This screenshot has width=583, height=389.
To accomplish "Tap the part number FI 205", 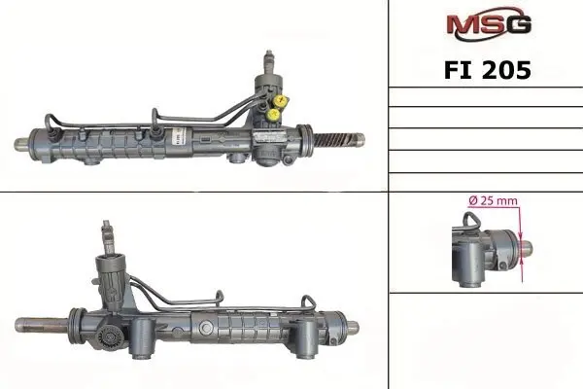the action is coord(488,70).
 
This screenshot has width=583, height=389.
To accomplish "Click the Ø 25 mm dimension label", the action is coord(493,201).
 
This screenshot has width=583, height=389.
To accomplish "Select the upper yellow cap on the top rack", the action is coord(283,100).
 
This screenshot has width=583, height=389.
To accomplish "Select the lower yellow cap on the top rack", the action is coord(274,114).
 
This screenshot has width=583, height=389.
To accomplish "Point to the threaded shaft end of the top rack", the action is coord(333,139).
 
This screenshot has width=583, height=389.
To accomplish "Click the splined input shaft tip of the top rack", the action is coord(269,58).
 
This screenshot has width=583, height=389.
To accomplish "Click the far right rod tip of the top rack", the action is coord(359,139).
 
